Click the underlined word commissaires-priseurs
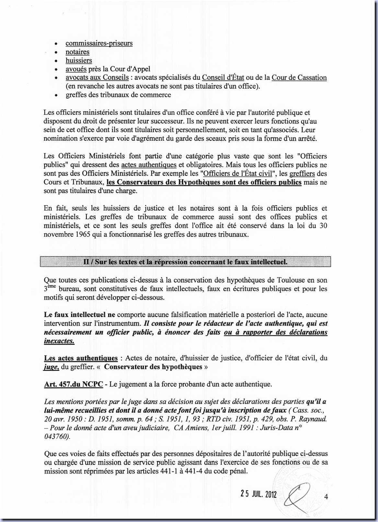click(x=99, y=43)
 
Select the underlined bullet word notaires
click(x=77, y=52)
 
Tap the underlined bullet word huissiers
click(x=79, y=60)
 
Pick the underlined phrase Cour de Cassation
click(x=299, y=77)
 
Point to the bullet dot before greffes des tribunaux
click(x=57, y=95)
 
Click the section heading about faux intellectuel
click(x=185, y=262)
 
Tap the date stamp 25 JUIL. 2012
click(x=258, y=494)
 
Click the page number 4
click(x=326, y=496)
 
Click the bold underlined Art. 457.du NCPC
click(x=74, y=384)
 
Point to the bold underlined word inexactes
click(x=59, y=341)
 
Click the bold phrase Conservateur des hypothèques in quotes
click(x=153, y=367)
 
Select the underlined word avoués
click(x=76, y=69)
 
